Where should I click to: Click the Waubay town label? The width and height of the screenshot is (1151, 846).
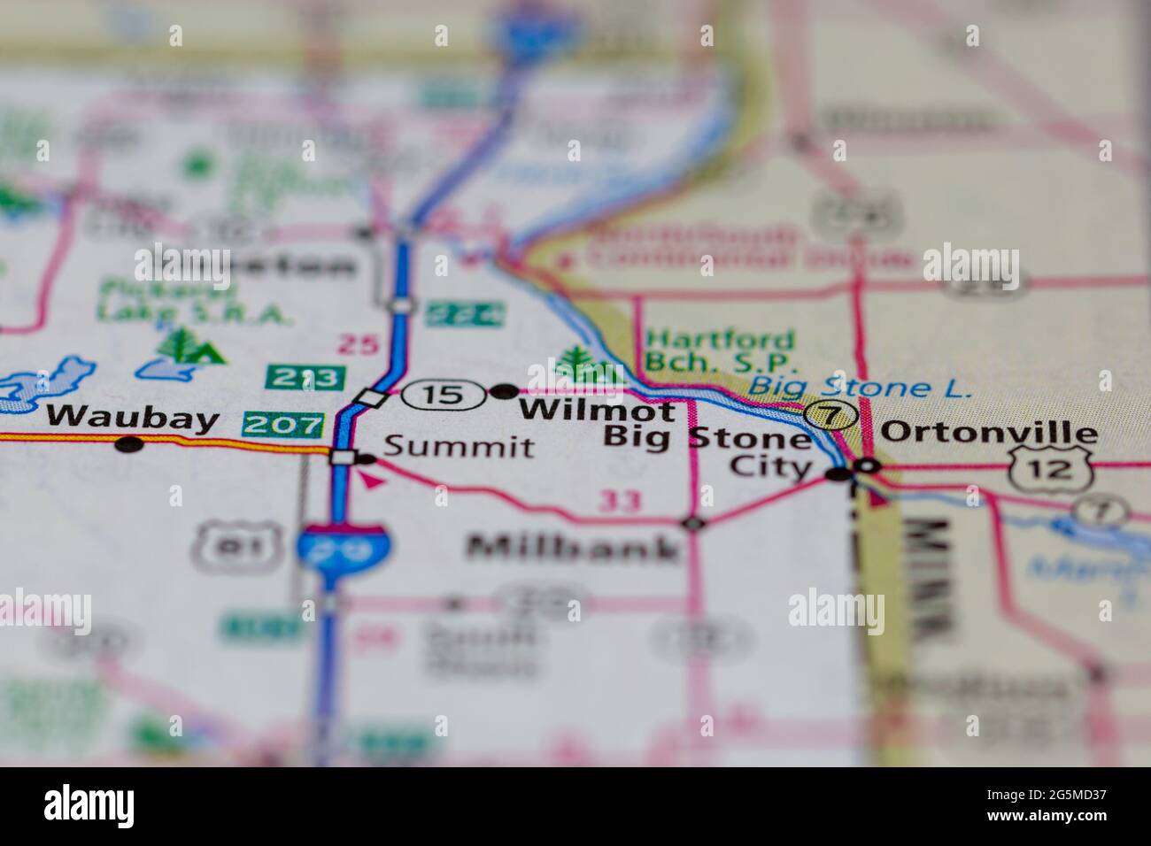pyautogui.click(x=132, y=418)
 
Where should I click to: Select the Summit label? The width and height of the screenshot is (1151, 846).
pyautogui.click(x=460, y=447)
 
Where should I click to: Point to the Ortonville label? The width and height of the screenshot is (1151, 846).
pyautogui.click(x=989, y=433)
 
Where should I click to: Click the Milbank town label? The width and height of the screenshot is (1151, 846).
pyautogui.click(x=574, y=548)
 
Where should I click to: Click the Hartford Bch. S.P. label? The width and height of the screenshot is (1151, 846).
pyautogui.click(x=720, y=350)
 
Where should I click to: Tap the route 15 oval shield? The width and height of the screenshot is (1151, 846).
pyautogui.click(x=443, y=394)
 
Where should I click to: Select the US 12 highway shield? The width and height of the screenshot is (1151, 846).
pyautogui.click(x=1051, y=466)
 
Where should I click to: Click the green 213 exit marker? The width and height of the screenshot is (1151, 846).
pyautogui.click(x=305, y=378)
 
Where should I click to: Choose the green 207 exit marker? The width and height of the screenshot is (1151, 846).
pyautogui.click(x=282, y=426)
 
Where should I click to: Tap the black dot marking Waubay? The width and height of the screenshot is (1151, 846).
pyautogui.click(x=129, y=444)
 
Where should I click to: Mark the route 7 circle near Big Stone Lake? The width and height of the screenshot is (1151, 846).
pyautogui.click(x=831, y=413)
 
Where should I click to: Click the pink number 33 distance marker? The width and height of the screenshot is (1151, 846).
pyautogui.click(x=619, y=502)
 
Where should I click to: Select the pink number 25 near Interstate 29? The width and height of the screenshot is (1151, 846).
pyautogui.click(x=358, y=345)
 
